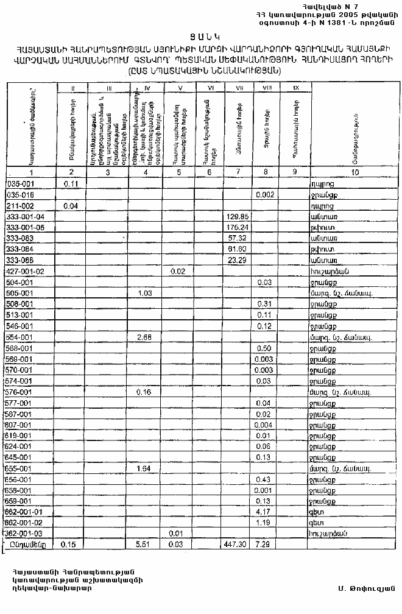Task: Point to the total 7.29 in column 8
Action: click(x=263, y=544)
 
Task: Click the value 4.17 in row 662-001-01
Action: click(x=263, y=511)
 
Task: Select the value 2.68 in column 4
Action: click(x=144, y=337)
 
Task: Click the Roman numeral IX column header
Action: click(x=295, y=89)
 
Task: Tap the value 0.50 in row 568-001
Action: click(x=263, y=348)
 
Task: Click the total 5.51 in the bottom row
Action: click(x=144, y=544)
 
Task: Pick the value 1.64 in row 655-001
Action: click(x=144, y=468)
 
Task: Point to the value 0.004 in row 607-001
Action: click(x=263, y=425)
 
